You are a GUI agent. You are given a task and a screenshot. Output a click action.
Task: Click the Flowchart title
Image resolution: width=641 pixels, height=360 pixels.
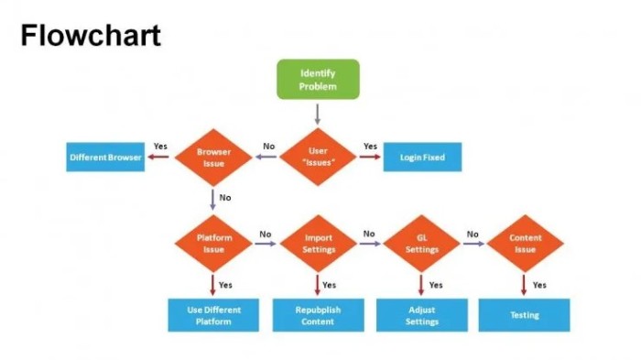tap(91, 36)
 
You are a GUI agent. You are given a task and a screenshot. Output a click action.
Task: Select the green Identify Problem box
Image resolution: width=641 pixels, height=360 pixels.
tap(318, 80)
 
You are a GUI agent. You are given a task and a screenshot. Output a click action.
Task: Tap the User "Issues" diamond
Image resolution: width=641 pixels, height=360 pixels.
tap(317, 158)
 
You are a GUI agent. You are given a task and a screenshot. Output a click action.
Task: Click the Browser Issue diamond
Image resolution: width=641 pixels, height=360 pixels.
tap(212, 158)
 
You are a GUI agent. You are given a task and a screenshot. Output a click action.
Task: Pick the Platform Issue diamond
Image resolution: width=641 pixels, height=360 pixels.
tap(213, 243)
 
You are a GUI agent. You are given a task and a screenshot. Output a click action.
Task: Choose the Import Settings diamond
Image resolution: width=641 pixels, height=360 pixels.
tap(318, 243)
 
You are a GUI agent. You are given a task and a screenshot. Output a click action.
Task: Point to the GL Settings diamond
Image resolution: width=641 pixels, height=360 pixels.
tap(421, 243)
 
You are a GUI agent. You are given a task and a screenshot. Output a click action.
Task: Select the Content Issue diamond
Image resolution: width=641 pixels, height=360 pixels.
tap(525, 243)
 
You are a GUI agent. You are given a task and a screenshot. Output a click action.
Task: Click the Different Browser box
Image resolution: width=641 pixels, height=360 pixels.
tap(105, 158)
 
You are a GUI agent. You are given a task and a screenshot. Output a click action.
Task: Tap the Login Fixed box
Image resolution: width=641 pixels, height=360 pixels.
tap(422, 158)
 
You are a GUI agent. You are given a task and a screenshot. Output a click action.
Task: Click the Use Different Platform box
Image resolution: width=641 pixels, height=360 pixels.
tap(213, 315)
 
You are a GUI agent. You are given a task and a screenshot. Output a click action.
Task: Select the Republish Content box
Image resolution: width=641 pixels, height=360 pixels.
tap(318, 315)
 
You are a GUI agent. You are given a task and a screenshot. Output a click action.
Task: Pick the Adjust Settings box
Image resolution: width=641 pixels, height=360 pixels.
tap(421, 315)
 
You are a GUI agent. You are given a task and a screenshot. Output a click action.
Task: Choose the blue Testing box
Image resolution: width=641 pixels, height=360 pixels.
tap(525, 315)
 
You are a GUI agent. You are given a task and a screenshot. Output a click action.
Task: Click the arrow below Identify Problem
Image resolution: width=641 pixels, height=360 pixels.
tap(318, 114)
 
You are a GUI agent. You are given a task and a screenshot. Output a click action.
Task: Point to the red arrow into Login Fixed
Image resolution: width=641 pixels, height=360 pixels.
tap(369, 158)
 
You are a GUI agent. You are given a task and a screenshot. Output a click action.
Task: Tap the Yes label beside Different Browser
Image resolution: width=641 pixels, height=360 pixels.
tap(160, 146)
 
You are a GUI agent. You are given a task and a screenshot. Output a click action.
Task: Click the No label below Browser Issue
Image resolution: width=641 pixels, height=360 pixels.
tap(225, 197)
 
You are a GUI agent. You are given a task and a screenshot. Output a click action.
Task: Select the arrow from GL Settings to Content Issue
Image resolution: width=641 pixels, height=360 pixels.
tap(473, 244)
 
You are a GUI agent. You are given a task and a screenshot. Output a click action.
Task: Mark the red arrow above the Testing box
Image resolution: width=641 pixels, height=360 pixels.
tap(525, 285)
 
